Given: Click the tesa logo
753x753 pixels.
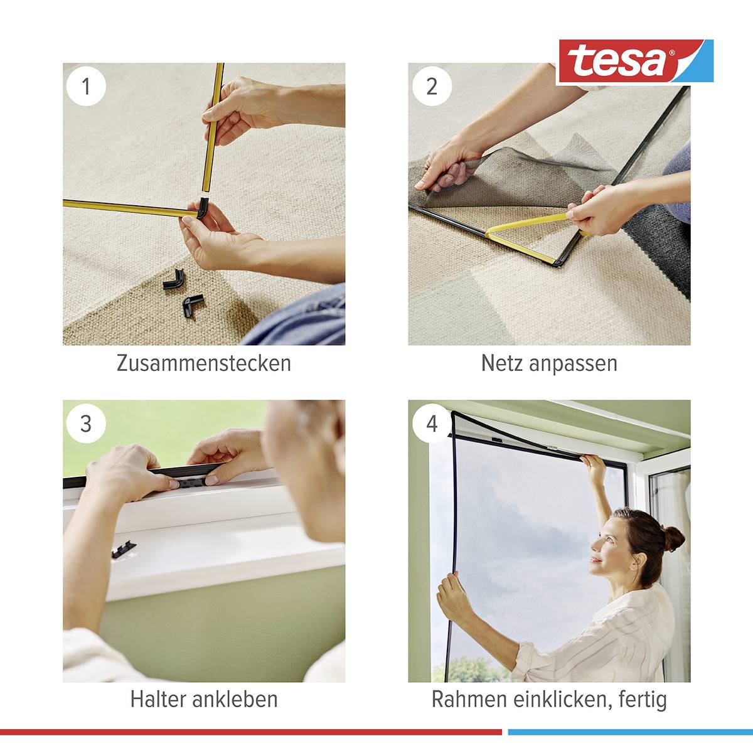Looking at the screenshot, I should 634,61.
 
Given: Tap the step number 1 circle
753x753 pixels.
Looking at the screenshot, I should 86,85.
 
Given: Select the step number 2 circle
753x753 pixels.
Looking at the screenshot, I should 432,85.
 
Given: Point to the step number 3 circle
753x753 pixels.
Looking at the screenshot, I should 86,423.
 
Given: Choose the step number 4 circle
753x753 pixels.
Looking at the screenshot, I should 432,423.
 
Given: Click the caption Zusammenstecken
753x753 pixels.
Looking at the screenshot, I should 203,363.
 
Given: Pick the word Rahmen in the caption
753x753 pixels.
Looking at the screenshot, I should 469,699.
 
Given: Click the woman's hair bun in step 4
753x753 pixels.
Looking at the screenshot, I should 673,538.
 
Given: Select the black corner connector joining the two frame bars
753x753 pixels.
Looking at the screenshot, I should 203,207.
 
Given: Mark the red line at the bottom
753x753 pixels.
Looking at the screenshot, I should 251,732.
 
